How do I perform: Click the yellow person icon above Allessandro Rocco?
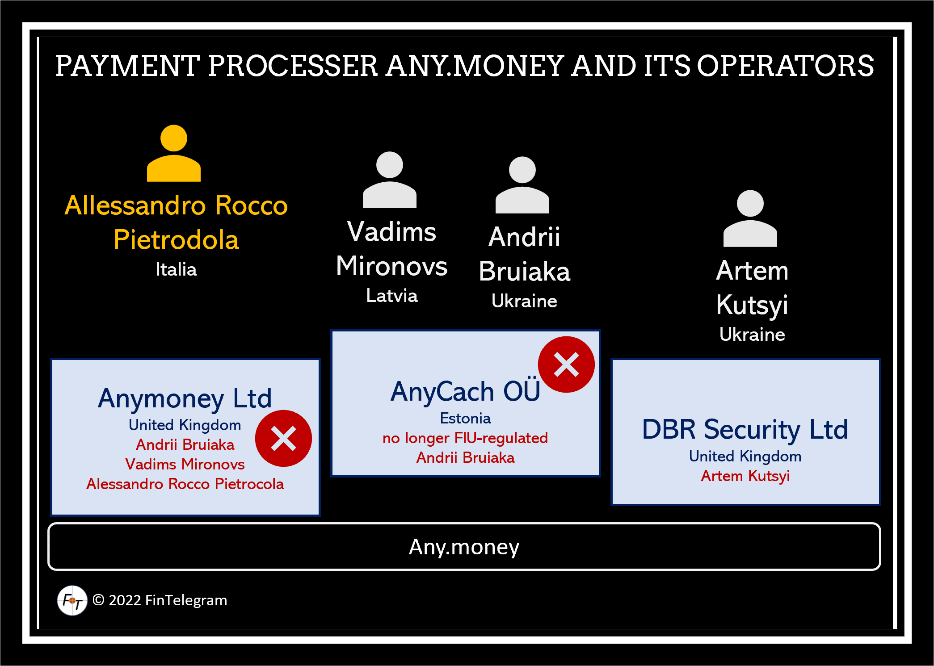[x=174, y=153]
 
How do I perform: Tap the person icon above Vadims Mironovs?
[x=390, y=180]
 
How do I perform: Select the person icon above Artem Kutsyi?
[x=750, y=218]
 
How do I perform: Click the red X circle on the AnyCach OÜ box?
[x=566, y=364]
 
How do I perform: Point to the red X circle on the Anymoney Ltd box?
[x=283, y=439]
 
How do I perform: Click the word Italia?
[x=176, y=269]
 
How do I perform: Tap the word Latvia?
[x=392, y=296]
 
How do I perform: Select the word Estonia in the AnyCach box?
[x=465, y=419]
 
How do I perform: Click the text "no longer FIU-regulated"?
[x=465, y=438]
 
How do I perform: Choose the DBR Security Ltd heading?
[x=745, y=430]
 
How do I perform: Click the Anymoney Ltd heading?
[x=185, y=399]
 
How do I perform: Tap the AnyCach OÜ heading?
[x=465, y=391]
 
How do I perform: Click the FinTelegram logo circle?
[x=72, y=600]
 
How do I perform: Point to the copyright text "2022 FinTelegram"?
[x=168, y=600]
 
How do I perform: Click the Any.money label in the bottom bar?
[x=464, y=547]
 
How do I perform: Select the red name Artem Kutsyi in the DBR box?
[x=745, y=476]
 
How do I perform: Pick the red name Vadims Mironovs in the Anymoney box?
[x=185, y=465]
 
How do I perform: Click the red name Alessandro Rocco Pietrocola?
[x=185, y=484]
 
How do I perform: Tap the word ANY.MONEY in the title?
[x=475, y=66]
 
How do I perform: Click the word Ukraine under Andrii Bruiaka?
[x=524, y=302]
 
